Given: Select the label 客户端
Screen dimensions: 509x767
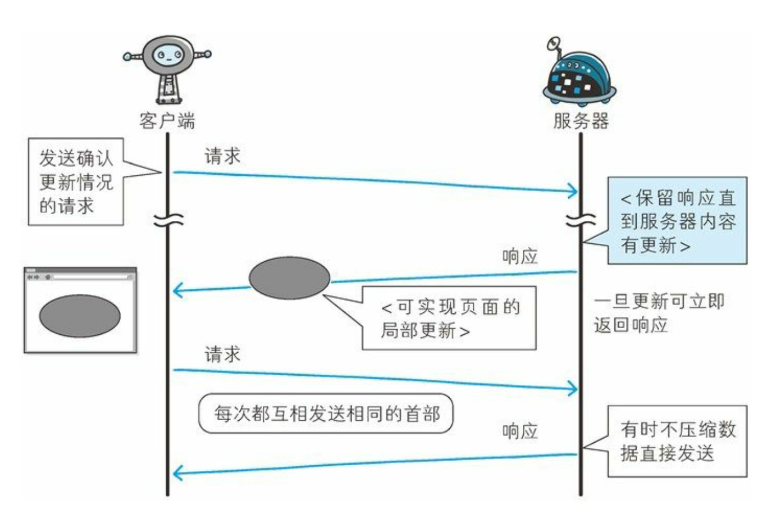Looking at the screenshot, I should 167,120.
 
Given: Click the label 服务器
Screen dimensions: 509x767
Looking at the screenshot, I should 581,120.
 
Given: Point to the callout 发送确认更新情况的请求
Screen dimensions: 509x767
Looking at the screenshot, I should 75,182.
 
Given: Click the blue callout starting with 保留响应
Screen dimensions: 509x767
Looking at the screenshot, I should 677,221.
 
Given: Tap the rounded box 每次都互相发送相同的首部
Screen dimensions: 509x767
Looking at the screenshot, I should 326,414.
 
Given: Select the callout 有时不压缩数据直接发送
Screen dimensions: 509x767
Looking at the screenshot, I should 677,441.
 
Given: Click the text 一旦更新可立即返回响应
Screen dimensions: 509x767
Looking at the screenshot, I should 658,313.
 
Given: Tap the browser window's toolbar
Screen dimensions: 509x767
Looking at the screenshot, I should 80,276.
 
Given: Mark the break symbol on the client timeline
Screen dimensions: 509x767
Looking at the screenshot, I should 168,220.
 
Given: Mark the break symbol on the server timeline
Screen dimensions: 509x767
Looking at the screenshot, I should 581,220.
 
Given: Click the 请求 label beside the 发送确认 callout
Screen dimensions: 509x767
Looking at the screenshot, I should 222,156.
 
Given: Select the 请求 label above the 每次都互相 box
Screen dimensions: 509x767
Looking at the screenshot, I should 222,355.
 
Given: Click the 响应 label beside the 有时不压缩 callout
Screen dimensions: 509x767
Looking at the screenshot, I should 520,431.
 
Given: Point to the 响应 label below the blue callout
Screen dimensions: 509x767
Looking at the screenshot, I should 520,257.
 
